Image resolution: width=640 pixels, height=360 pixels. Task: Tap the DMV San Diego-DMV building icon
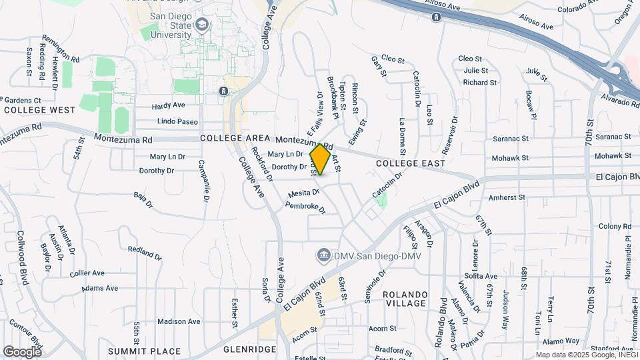[323, 255]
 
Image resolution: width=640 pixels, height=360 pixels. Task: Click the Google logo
[21, 351]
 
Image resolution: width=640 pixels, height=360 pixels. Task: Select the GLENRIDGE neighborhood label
[249, 349]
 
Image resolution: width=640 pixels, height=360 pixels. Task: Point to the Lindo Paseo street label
[177, 121]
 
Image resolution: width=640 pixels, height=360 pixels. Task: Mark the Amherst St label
[508, 197]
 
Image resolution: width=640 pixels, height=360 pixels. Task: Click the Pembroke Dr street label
[305, 207]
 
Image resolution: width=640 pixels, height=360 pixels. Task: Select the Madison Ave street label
[179, 321]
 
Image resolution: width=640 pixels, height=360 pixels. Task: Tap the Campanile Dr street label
[205, 181]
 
